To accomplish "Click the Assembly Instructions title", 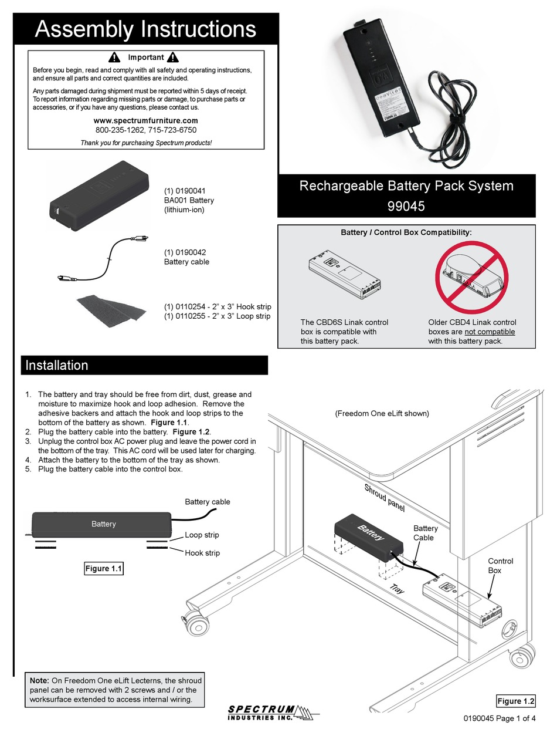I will (x=145, y=29).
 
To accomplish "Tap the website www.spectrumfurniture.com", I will (x=146, y=120).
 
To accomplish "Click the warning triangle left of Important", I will (x=115, y=58).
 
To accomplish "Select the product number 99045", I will (x=406, y=207).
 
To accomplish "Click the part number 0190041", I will (x=184, y=191).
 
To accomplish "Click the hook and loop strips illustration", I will (x=110, y=309).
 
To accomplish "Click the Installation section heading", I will (x=57, y=365).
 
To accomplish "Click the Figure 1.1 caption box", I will (x=104, y=568).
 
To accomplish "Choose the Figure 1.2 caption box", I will (x=515, y=701).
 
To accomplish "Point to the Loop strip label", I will (x=202, y=535).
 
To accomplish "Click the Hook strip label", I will (x=202, y=553).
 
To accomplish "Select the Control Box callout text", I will (x=500, y=566).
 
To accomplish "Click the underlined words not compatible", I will (x=490, y=332).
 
